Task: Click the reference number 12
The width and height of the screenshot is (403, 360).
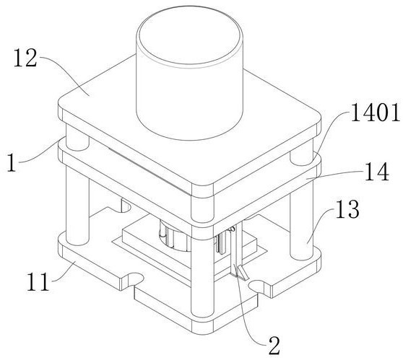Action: pyautogui.click(x=25, y=58)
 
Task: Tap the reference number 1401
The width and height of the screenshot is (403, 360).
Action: pyautogui.click(x=376, y=112)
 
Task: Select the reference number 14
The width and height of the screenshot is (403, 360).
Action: pyautogui.click(x=377, y=172)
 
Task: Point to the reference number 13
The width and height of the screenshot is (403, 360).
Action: pyautogui.click(x=347, y=208)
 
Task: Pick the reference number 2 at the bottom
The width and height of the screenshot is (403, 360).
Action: pyautogui.click(x=274, y=346)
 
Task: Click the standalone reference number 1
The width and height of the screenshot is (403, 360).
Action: pyautogui.click(x=12, y=162)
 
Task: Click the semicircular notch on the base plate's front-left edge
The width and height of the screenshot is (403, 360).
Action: pyautogui.click(x=134, y=280)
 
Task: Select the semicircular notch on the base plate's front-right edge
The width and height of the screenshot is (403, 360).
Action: pyautogui.click(x=257, y=286)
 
